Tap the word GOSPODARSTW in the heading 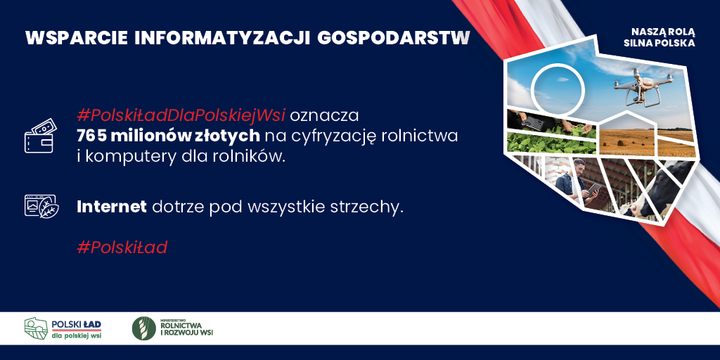394,39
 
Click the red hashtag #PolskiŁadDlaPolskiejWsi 181,116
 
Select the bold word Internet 112,207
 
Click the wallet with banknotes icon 40,136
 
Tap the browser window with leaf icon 41,206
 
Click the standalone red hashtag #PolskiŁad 122,247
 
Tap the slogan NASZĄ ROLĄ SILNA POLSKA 662,38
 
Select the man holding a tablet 575,183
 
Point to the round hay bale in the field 622,143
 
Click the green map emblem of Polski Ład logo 36,328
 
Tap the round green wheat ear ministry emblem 143,328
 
